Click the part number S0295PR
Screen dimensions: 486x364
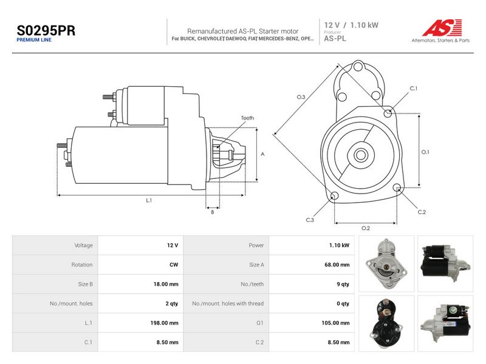pyautogui.click(x=46, y=30)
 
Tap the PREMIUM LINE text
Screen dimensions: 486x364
pyautogui.click(x=34, y=40)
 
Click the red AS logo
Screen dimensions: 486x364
pyautogui.click(x=442, y=27)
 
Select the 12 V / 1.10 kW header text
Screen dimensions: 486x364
pyautogui.click(x=351, y=25)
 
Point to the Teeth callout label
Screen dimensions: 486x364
pyautogui.click(x=247, y=118)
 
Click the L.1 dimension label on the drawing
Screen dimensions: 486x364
pyautogui.click(x=149, y=200)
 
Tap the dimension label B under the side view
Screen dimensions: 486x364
pyautogui.click(x=212, y=212)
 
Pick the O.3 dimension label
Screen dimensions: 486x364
pyautogui.click(x=301, y=97)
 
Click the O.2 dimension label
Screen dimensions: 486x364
pyautogui.click(x=366, y=228)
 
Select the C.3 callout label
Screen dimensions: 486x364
pyautogui.click(x=310, y=220)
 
